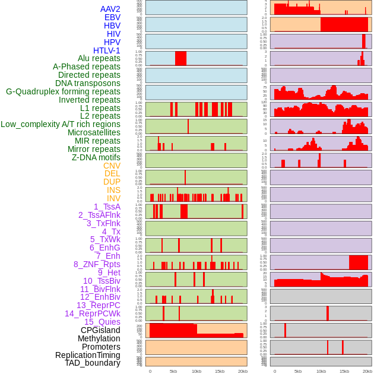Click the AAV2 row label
coord(110,9)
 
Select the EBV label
coord(112,17)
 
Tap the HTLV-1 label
coord(107,50)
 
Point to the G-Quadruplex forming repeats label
coord(63,91)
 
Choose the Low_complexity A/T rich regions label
coord(61,124)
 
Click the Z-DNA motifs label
coord(96,157)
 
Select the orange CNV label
coord(112,166)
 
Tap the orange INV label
coord(113,198)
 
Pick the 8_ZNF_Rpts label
coord(97,264)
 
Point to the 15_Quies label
coord(102,322)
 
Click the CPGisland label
coord(100,330)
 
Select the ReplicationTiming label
coord(88,355)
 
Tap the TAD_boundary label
coord(93,363)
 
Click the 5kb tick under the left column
coord(173,371)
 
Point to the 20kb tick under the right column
coord(367,371)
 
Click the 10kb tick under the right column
coord(321,371)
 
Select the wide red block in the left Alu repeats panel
coord(180,58)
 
